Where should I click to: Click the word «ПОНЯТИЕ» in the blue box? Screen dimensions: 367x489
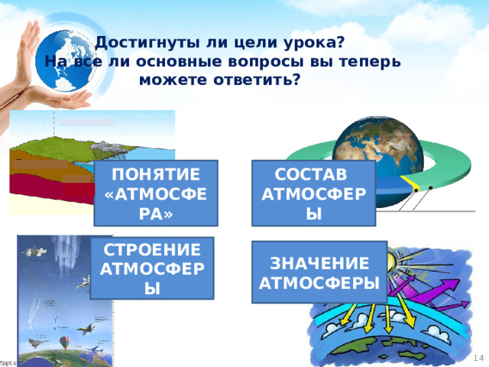click(x=156, y=174)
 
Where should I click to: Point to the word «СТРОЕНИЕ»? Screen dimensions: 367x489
click(x=151, y=250)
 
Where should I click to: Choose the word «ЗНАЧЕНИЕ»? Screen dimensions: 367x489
click(x=320, y=264)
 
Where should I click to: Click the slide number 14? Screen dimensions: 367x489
click(x=478, y=358)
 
